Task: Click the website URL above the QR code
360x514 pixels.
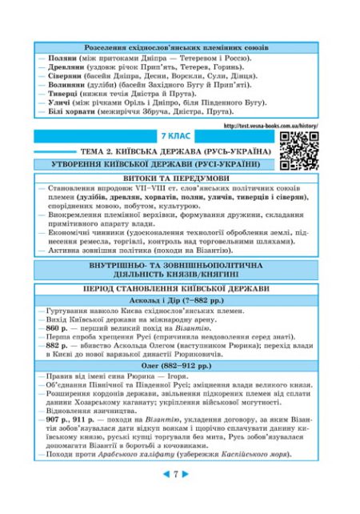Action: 271,126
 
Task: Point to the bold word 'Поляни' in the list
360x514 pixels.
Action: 58,60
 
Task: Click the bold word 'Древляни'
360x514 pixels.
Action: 61,71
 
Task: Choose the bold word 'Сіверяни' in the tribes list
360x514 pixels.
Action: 61,82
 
